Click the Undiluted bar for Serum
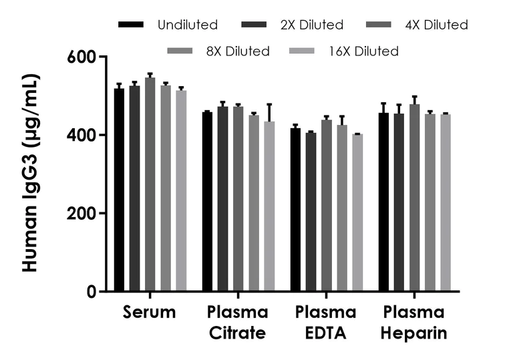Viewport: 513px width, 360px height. [119, 190]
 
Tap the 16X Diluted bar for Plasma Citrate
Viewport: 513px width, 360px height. [269, 206]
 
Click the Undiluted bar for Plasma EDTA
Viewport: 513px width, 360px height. [295, 210]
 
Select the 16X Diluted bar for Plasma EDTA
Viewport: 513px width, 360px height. [357, 213]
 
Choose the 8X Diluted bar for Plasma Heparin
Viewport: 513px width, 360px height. [430, 203]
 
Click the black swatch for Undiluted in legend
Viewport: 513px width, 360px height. [132, 25]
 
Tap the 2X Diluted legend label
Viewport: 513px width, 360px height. [312, 25]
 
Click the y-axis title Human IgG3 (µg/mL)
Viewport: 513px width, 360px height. [30, 174]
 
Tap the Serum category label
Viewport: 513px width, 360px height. [150, 313]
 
